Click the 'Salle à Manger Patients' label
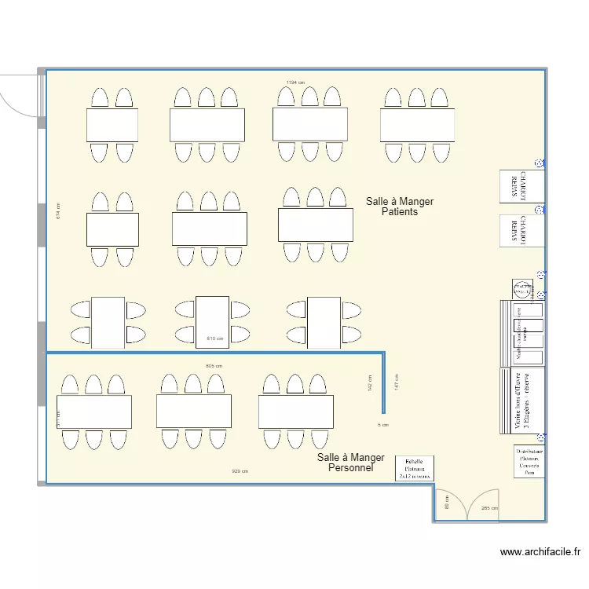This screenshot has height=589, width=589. pyautogui.click(x=399, y=207)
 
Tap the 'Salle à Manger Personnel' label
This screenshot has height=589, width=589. pyautogui.click(x=350, y=463)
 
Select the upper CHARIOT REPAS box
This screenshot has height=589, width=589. pyautogui.click(x=521, y=185)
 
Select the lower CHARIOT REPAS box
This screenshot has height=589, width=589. pyautogui.click(x=521, y=230)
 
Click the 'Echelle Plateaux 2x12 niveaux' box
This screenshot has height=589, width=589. pyautogui.click(x=414, y=468)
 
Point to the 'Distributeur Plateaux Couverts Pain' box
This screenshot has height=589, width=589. pyautogui.click(x=529, y=462)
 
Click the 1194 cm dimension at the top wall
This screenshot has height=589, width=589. pyautogui.click(x=295, y=82)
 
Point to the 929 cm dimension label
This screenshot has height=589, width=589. pyautogui.click(x=240, y=471)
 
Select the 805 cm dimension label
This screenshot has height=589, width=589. pyautogui.click(x=214, y=366)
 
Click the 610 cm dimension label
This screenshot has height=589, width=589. pyautogui.click(x=214, y=338)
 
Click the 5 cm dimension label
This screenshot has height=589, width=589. pyautogui.click(x=382, y=425)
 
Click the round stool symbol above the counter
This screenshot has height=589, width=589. pyautogui.click(x=522, y=289)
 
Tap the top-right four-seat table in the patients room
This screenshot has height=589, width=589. pyautogui.click(x=417, y=125)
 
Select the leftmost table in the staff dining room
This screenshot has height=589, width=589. pyautogui.click(x=93, y=412)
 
